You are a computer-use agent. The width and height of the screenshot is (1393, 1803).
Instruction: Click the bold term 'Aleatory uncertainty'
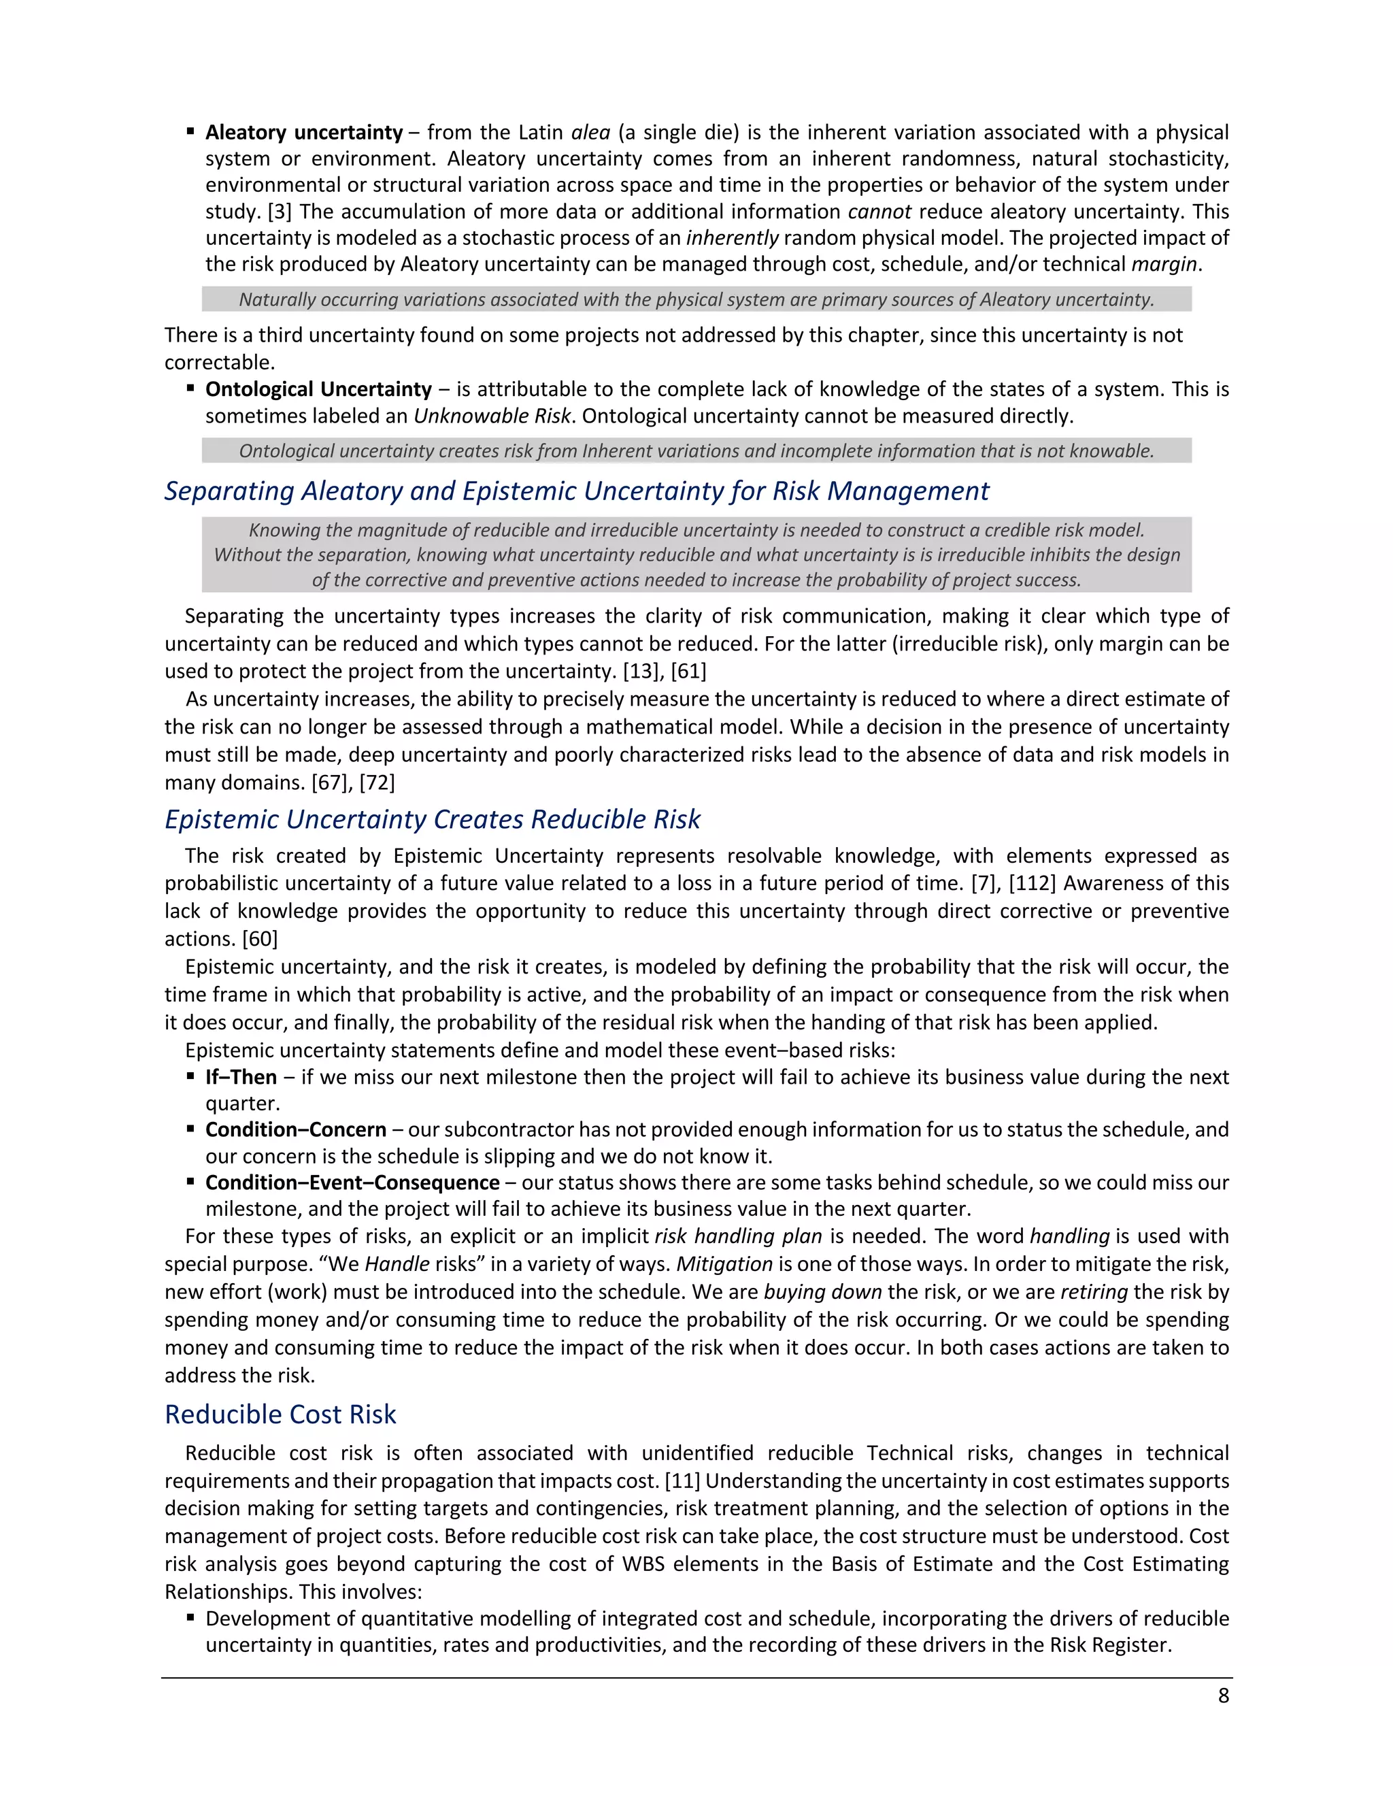(x=303, y=132)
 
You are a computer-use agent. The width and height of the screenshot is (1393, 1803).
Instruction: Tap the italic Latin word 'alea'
(x=590, y=132)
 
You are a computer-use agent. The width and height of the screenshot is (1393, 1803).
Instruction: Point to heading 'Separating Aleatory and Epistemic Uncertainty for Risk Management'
(x=576, y=491)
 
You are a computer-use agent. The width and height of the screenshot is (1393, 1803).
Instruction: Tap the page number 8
(x=1223, y=1695)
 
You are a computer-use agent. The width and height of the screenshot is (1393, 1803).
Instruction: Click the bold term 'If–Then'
(x=241, y=1076)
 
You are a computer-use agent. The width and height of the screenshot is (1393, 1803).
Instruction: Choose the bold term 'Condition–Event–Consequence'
(x=352, y=1182)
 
